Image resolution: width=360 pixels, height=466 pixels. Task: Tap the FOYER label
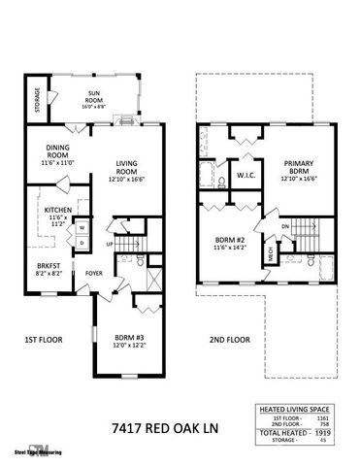tap(94, 273)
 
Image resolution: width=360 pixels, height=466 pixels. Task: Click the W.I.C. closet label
tap(245, 176)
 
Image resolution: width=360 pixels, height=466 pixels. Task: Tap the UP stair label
tap(111, 243)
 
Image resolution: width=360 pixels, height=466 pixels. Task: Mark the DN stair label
tap(284, 229)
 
